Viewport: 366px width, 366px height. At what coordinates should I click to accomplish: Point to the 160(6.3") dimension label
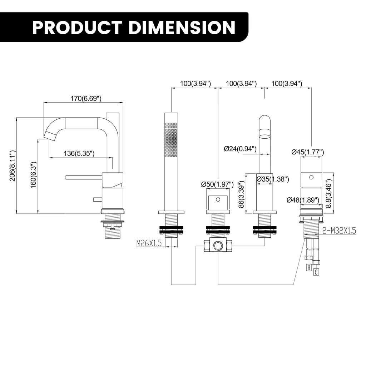pos(34,175)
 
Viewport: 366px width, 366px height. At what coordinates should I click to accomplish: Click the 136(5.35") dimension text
pos(79,154)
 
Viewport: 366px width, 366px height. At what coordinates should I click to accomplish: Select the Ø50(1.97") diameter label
pos(217,184)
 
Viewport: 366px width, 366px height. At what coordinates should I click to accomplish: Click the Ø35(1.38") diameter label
pos(273,179)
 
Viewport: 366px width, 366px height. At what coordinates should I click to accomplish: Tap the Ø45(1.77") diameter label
pos(307,152)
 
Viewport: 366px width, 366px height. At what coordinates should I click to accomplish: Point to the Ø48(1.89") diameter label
pos(303,200)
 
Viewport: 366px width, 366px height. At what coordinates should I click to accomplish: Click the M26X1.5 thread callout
pos(149,244)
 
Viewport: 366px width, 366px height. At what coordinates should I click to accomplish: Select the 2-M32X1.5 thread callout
pos(339,231)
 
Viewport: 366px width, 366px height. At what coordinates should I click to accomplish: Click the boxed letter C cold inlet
pos(316,272)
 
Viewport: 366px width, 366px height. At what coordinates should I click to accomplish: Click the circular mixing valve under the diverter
pos(217,246)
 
